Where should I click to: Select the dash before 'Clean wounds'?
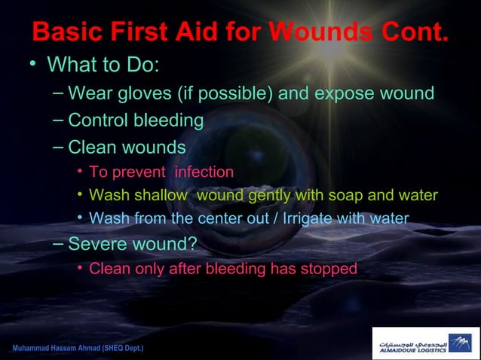(59, 146)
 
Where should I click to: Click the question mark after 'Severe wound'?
(192, 244)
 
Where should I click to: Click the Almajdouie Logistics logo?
(425, 343)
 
